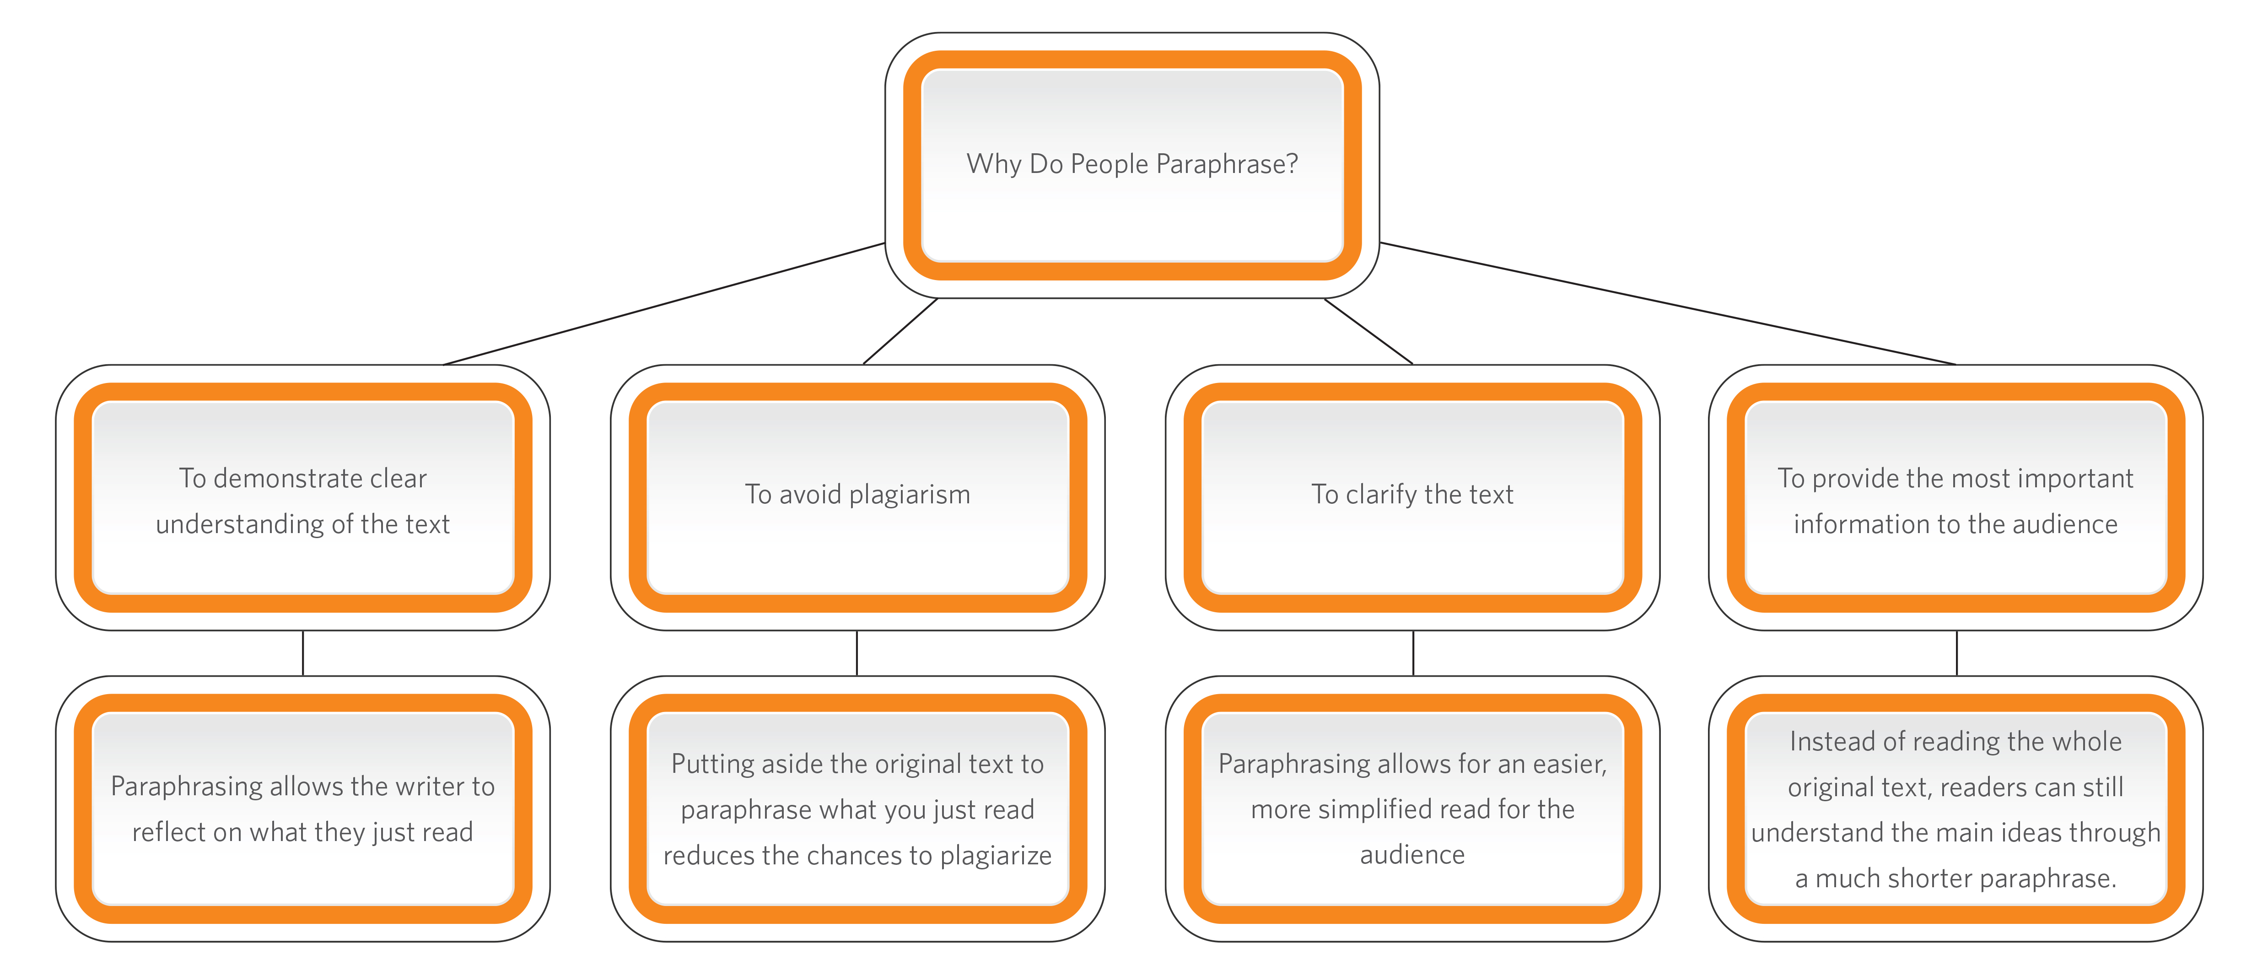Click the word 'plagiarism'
(x=909, y=495)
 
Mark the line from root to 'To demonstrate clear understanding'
(x=664, y=303)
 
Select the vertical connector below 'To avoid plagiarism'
(x=857, y=652)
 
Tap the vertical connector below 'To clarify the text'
(x=1413, y=652)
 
